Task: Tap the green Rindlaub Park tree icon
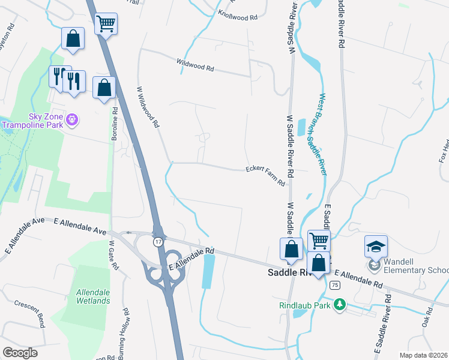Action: tap(340, 305)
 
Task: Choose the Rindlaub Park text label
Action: tap(306, 305)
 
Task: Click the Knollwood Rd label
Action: tap(238, 16)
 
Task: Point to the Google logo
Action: tap(20, 353)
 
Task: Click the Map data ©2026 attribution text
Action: tap(424, 355)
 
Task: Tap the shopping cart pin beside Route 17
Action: tap(106, 25)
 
